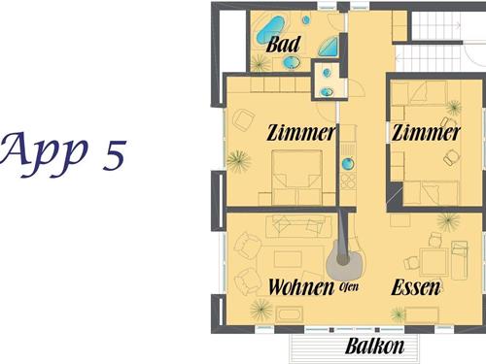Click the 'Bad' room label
pos(283,45)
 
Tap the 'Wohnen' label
pos(301,286)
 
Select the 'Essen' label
pos(416,287)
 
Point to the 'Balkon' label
pos(375,346)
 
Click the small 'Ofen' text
pos(349,286)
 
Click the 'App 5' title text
pos(63,152)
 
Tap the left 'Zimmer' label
pos(300,133)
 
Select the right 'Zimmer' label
pos(426,133)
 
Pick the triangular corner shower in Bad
pos(330,48)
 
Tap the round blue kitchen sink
pos(348,163)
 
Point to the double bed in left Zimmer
pos(296,178)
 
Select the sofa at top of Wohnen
pos(298,226)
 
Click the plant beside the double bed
pos(239,161)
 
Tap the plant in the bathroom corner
pos(260,63)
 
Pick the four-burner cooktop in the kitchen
pos(348,182)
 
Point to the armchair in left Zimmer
pos(243,120)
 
